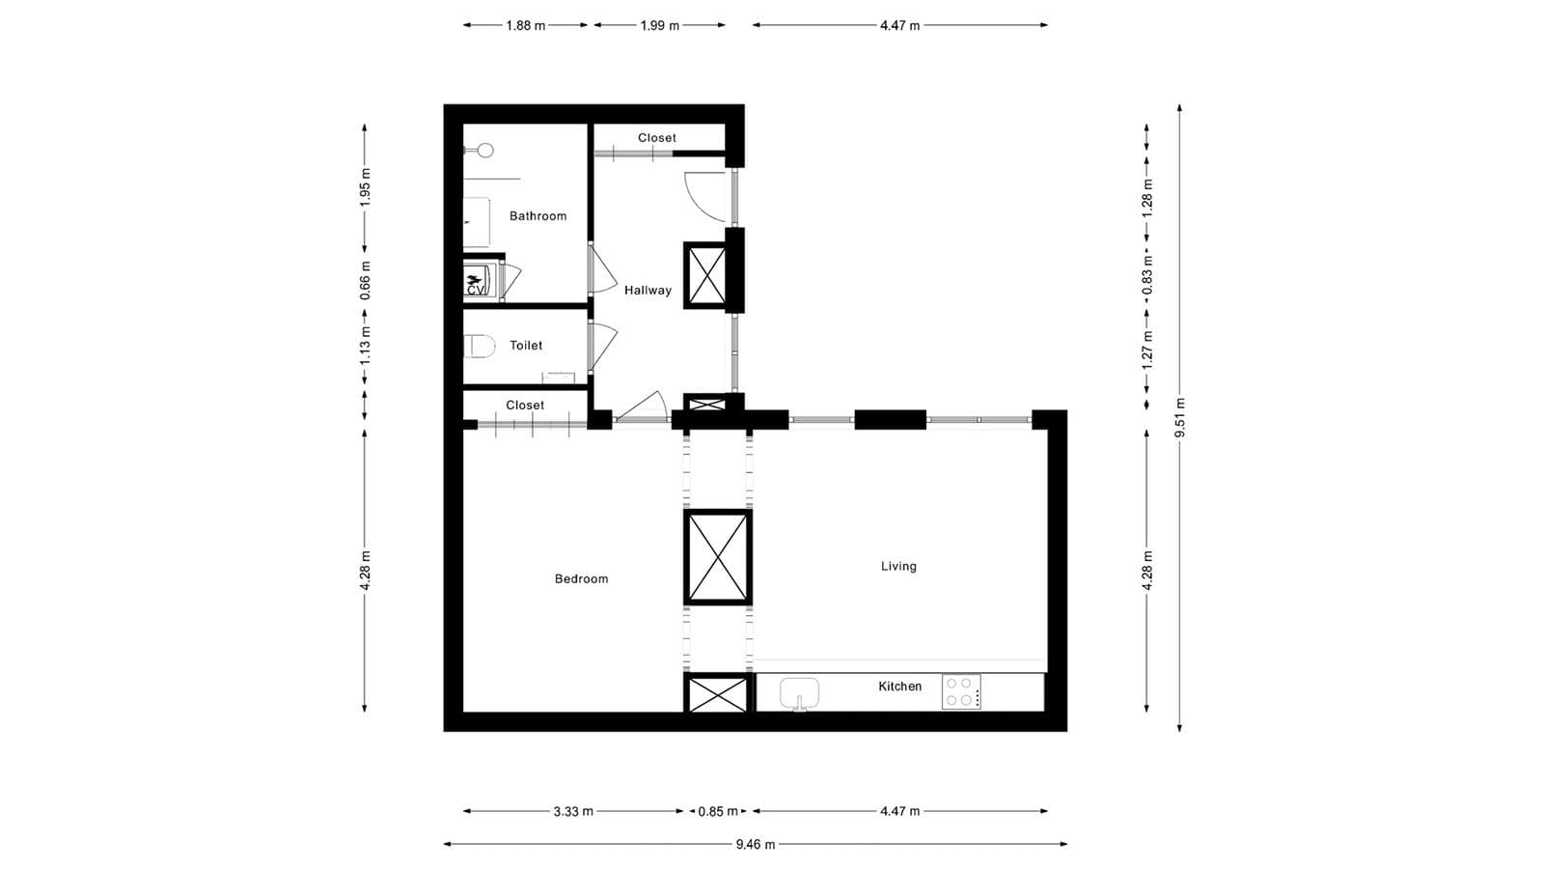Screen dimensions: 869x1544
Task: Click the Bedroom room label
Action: click(581, 578)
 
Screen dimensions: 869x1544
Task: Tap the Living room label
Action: click(898, 566)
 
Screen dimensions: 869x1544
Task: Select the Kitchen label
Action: click(899, 687)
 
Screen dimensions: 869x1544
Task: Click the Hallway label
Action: click(648, 290)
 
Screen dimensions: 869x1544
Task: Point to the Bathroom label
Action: click(538, 215)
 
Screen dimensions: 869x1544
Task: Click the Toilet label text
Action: click(526, 345)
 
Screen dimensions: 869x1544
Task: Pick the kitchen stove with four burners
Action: click(961, 691)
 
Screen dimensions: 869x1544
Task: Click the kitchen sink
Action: click(799, 691)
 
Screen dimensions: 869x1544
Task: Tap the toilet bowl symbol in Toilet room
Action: click(479, 346)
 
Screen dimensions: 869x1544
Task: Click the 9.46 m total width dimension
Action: click(755, 844)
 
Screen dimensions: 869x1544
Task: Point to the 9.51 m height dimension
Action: click(1179, 417)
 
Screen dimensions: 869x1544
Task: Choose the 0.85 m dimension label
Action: click(718, 811)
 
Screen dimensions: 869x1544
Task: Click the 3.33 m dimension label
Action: click(573, 811)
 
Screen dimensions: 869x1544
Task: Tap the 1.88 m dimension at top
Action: click(525, 25)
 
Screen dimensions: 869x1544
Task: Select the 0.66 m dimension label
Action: click(365, 281)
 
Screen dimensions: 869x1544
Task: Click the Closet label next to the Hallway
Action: click(657, 138)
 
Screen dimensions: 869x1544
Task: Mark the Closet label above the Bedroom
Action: click(525, 405)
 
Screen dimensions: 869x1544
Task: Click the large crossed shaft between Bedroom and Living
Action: click(717, 557)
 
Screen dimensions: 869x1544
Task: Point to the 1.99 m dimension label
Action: click(659, 25)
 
